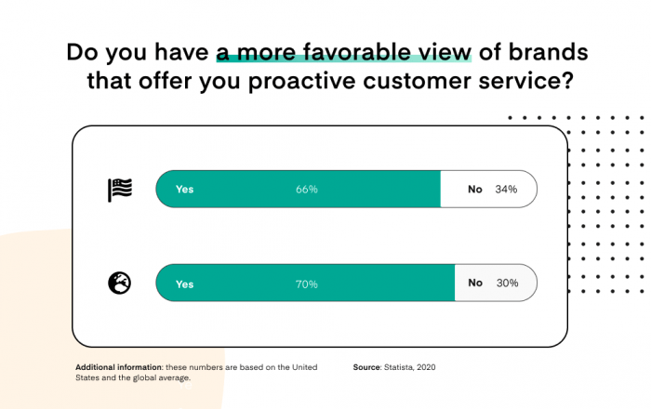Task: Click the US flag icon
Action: tap(120, 190)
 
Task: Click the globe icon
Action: tap(120, 284)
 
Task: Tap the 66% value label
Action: tap(307, 190)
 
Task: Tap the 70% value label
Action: tap(308, 284)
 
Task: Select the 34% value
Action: tap(506, 190)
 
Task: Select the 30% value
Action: tap(506, 284)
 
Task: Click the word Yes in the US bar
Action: tap(184, 190)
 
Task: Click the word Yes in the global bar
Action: tap(184, 284)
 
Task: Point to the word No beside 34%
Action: tap(475, 190)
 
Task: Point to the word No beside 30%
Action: tap(475, 284)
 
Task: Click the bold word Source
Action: tap(366, 367)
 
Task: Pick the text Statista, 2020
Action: tap(409, 367)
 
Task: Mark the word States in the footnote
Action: tap(89, 379)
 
